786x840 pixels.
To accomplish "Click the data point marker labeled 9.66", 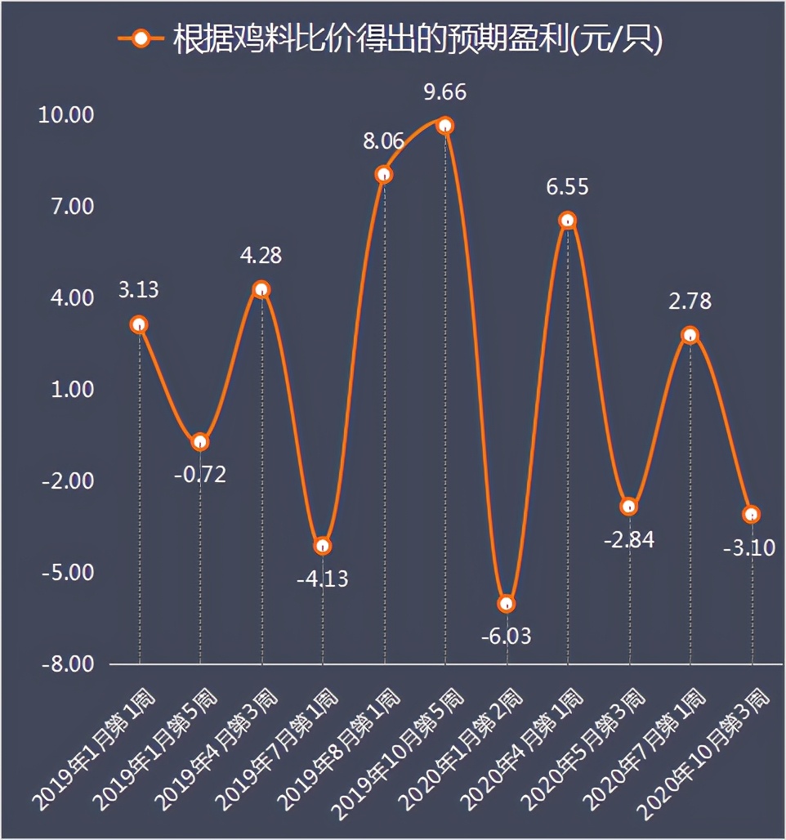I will tap(445, 125).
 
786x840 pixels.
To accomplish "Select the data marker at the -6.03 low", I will tap(507, 604).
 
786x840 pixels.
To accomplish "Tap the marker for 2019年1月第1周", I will tap(139, 324).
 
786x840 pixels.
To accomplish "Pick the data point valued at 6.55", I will tap(568, 221).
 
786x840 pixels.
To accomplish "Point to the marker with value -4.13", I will tap(323, 546).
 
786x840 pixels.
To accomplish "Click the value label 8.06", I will tap(383, 141).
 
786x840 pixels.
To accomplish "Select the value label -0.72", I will tap(199, 474).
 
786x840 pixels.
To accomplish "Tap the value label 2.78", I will tap(690, 301).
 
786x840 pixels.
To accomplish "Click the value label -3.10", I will tap(748, 547).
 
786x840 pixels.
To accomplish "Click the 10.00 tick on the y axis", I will tap(67, 115).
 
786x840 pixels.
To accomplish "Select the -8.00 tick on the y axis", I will tap(67, 664).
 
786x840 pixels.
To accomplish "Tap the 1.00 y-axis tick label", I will tap(72, 390).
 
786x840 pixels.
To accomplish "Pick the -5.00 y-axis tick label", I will tap(67, 573).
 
